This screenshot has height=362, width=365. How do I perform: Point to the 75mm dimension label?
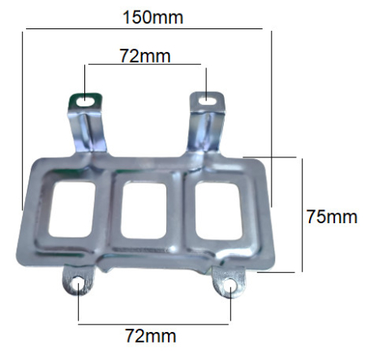pyautogui.click(x=332, y=217)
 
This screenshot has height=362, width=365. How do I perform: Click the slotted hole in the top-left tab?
pyautogui.click(x=85, y=101)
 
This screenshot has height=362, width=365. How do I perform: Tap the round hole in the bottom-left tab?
pyautogui.click(x=77, y=284)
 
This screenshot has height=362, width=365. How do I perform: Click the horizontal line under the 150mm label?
pyautogui.click(x=146, y=29)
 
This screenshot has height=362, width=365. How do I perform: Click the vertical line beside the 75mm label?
pyautogui.click(x=302, y=215)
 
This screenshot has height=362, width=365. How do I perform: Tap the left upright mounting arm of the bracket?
pyautogui.click(x=89, y=130)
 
